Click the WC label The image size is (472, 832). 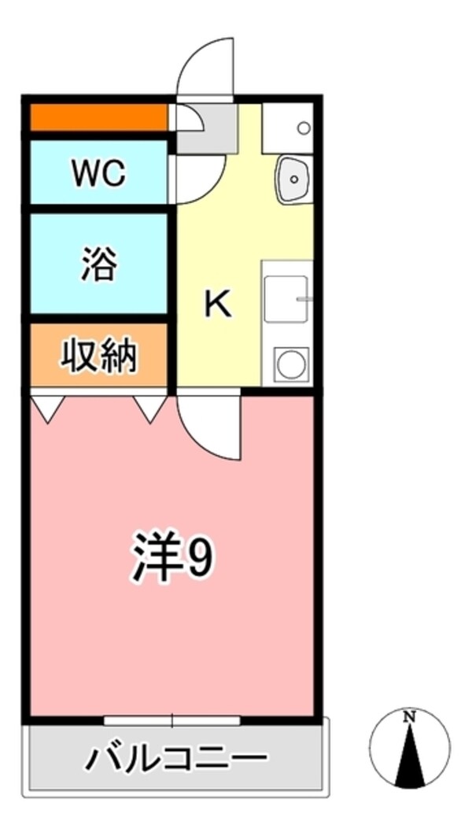point(98,173)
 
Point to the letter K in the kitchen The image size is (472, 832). point(218,304)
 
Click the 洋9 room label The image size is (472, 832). point(171,557)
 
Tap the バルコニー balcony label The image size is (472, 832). point(177,760)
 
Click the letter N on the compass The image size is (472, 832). point(409,717)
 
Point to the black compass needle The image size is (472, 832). point(410,756)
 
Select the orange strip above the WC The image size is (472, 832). point(99,119)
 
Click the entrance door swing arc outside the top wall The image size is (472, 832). point(206,67)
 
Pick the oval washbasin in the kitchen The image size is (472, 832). point(294,179)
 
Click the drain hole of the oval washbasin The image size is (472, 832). point(294,179)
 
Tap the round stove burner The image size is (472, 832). point(289,364)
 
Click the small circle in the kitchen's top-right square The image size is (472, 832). point(304,128)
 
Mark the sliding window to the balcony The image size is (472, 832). point(172,719)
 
